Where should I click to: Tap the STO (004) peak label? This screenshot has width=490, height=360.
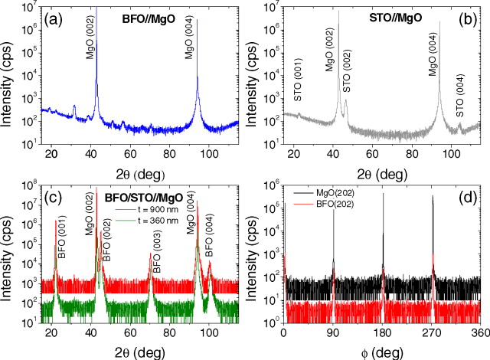[x=459, y=97]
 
